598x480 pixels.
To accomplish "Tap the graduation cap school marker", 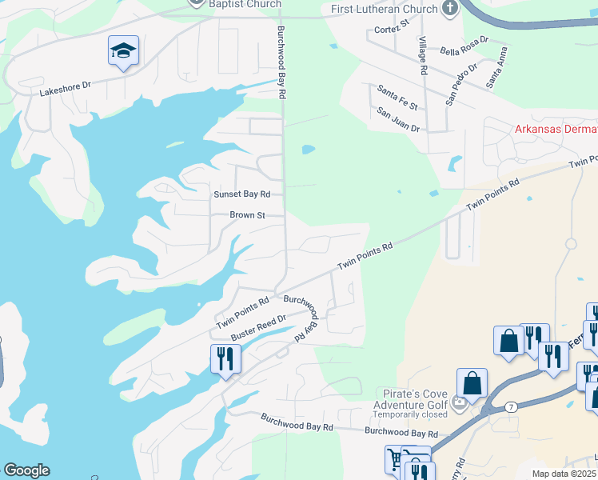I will [123, 51].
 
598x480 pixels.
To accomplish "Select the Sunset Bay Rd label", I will [241, 194].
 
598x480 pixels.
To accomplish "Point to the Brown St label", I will [247, 215].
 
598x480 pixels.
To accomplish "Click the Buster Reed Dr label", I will [258, 329].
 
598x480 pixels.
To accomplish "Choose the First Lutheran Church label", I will [385, 9].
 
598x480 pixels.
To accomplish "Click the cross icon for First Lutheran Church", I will [450, 9].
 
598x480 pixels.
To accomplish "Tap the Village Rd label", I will [421, 57].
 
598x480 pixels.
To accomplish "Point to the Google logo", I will [26, 470].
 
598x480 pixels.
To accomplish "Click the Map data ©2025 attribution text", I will [564, 474].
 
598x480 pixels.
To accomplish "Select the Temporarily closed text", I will [411, 415].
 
